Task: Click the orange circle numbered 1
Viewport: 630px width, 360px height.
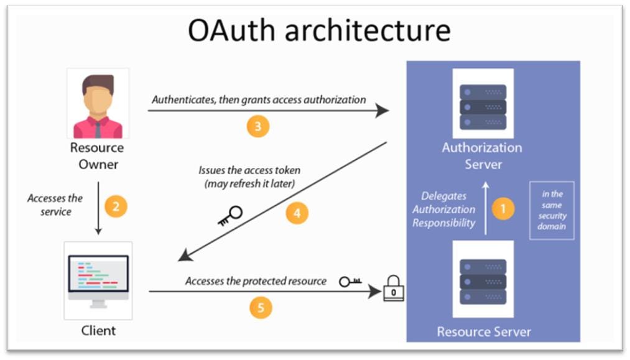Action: click(x=503, y=208)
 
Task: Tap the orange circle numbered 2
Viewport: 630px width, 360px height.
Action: click(x=116, y=206)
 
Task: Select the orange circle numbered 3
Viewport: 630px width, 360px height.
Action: click(x=258, y=126)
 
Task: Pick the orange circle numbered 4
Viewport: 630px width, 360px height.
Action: click(x=297, y=213)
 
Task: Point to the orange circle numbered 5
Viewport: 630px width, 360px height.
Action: click(x=261, y=308)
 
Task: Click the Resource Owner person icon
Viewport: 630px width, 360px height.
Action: click(x=98, y=104)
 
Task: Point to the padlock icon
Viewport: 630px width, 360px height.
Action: click(x=393, y=288)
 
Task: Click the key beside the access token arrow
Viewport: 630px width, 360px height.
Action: click(x=230, y=216)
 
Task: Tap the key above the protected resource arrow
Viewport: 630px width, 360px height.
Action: click(x=350, y=282)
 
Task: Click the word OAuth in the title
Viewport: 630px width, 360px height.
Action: click(x=231, y=30)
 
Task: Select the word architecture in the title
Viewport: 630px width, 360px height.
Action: click(x=368, y=31)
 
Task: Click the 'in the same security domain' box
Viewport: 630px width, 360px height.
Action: click(x=552, y=211)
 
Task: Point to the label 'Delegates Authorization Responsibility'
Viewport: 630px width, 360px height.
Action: click(x=444, y=210)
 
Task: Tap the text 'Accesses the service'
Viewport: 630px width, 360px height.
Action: click(x=55, y=205)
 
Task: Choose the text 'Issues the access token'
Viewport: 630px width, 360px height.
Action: click(x=249, y=170)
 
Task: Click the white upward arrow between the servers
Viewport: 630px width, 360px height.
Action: click(x=486, y=208)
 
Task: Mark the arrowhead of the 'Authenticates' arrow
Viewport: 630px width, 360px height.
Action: click(x=382, y=110)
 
